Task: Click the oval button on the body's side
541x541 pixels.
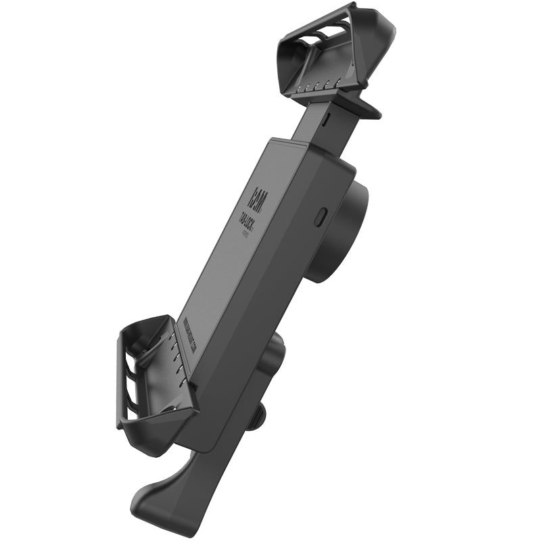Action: (x=321, y=216)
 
